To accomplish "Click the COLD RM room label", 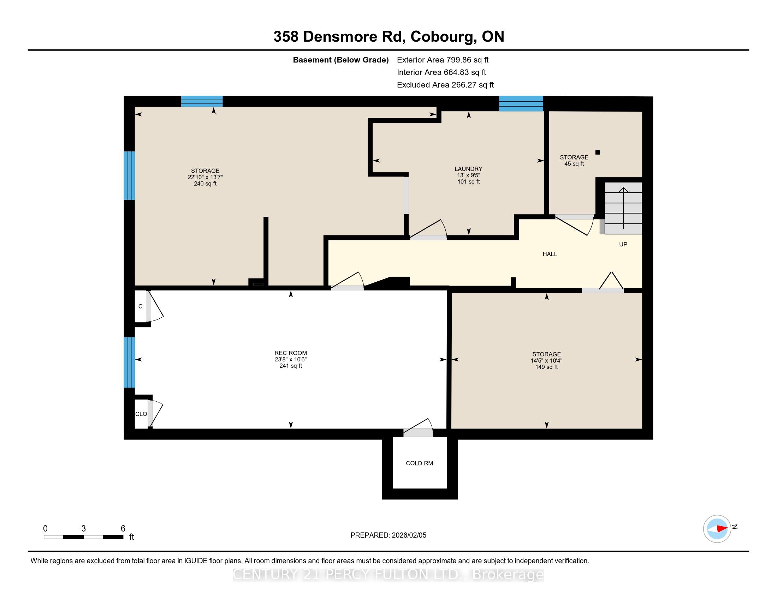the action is click(x=419, y=463).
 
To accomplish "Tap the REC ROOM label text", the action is click(x=290, y=353).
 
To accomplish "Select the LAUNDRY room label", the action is click(x=468, y=169).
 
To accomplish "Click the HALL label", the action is click(x=550, y=254).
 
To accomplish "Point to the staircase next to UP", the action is click(x=623, y=208).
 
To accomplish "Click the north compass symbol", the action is click(x=717, y=529).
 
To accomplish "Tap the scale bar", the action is click(x=84, y=537).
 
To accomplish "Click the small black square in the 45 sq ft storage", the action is click(x=598, y=152).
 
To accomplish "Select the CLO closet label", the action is click(x=141, y=414).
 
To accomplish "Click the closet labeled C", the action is click(x=140, y=306).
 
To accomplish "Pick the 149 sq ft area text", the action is click(x=546, y=367).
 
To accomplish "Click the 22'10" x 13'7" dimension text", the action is click(x=205, y=177).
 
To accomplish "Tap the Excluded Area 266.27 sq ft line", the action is click(x=445, y=85).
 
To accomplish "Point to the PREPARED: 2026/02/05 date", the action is click(x=388, y=535).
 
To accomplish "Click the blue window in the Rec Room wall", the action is click(x=129, y=362).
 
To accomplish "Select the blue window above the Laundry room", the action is click(x=521, y=103).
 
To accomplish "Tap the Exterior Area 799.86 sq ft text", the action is click(x=443, y=60).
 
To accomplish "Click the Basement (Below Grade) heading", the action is click(x=340, y=60).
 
